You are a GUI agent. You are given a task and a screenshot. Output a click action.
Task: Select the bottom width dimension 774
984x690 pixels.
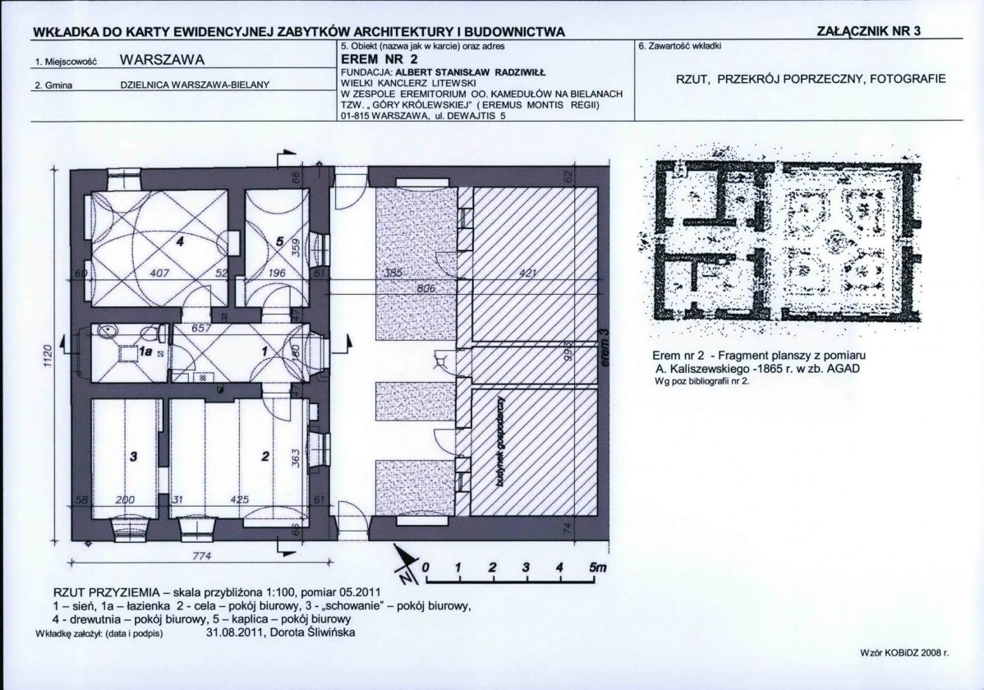point(191,556)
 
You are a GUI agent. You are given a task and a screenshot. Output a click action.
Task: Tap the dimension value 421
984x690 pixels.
point(528,273)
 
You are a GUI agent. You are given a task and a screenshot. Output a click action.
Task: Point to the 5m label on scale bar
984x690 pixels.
point(596,568)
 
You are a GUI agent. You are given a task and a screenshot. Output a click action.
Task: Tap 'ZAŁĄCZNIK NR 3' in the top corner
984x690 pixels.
point(870,31)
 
